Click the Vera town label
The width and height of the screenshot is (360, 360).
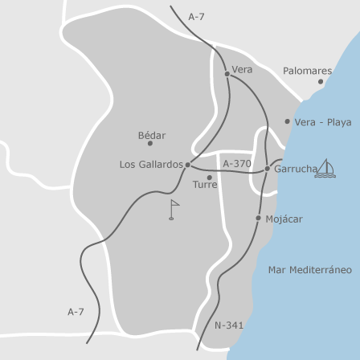(242, 70)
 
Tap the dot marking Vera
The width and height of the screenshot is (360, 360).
(227, 74)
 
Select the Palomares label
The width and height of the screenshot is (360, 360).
(307, 72)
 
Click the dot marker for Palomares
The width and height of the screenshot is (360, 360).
(320, 82)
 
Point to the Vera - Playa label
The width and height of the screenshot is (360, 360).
(322, 123)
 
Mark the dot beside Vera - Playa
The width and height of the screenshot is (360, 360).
(287, 121)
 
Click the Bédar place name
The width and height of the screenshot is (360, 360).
(152, 136)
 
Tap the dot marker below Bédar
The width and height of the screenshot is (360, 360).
(149, 144)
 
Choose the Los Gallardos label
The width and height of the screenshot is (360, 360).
(151, 165)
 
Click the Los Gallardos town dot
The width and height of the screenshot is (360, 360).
(188, 165)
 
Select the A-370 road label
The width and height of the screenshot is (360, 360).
(237, 164)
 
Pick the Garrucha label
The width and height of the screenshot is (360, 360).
(295, 170)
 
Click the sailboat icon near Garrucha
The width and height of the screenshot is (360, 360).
(325, 168)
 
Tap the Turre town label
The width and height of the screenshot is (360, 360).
(205, 185)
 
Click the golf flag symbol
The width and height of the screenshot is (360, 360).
(173, 210)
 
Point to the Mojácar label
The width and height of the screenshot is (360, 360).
(284, 219)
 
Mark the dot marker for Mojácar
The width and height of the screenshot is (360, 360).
(258, 218)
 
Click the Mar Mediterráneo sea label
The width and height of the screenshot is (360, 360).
(309, 270)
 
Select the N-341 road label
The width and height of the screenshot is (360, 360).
(229, 325)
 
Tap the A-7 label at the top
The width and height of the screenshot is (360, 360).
(197, 17)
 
